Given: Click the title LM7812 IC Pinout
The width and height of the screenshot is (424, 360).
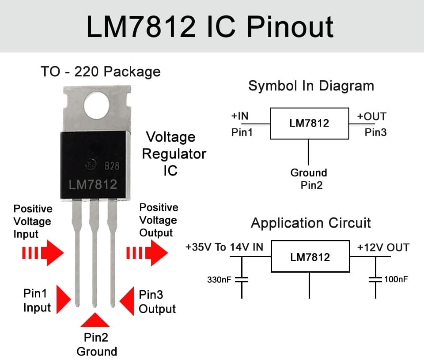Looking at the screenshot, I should (210, 26).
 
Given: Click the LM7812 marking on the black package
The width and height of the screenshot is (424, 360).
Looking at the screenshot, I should (93, 184).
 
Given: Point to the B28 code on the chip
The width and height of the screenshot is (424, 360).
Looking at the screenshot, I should (112, 166).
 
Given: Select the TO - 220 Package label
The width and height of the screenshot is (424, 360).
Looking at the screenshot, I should (100, 71).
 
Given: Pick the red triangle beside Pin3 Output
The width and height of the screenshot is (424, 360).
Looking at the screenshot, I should (127, 300).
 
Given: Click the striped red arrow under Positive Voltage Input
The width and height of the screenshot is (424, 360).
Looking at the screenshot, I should (43, 253).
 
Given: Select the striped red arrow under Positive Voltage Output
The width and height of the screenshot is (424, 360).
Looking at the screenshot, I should (147, 253).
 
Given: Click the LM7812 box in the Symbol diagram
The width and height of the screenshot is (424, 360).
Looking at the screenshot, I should (309, 123).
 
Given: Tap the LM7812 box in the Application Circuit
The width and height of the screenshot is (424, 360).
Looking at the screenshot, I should (310, 256).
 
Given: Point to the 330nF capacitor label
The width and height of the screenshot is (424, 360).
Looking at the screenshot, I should (219, 280).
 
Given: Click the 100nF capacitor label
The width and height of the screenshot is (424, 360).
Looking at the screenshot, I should (396, 280).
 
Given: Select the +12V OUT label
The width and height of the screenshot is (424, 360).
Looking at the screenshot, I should (383, 247).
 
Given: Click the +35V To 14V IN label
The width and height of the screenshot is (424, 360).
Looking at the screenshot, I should (224, 247).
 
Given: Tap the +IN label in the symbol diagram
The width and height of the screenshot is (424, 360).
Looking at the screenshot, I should (240, 116).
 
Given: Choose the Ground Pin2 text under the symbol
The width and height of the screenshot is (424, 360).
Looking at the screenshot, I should (309, 179).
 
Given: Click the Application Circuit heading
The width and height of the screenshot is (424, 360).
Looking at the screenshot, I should (311, 223).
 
